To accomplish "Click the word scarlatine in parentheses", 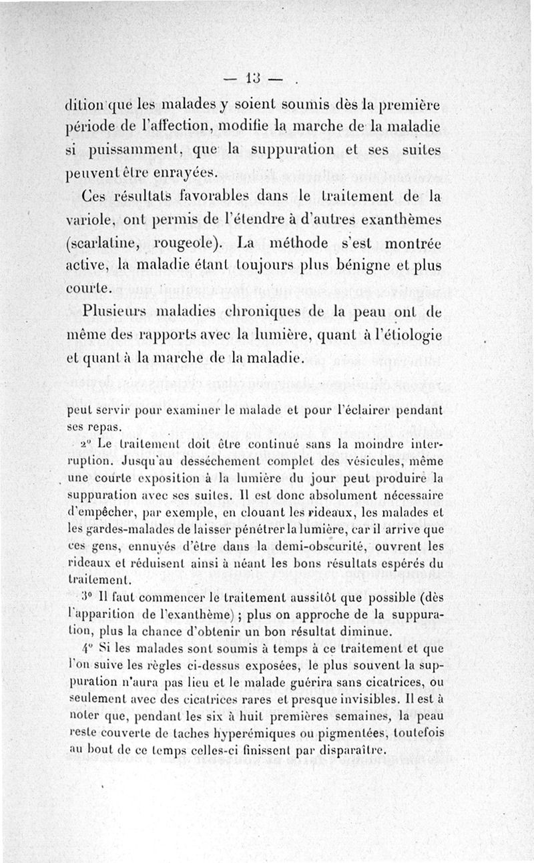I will pos(100,242).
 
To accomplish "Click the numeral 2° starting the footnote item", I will pos(85,443).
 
